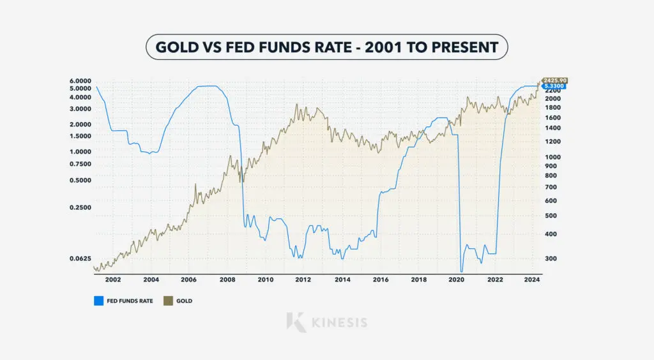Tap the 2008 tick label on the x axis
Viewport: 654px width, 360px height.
coord(227,280)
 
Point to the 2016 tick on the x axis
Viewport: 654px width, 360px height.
coord(380,280)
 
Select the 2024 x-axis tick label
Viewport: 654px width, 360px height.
coord(533,280)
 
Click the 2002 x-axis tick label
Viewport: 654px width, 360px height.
coord(112,280)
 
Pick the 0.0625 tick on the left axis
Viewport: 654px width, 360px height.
coord(85,259)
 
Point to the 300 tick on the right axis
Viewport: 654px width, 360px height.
coord(550,259)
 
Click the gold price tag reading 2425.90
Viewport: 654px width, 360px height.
coord(554,80)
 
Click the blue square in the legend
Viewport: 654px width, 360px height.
coord(98,301)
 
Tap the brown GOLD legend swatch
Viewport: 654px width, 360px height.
coord(169,301)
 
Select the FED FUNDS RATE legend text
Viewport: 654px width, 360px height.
coord(129,301)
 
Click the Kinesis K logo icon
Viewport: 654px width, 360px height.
coord(295,321)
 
